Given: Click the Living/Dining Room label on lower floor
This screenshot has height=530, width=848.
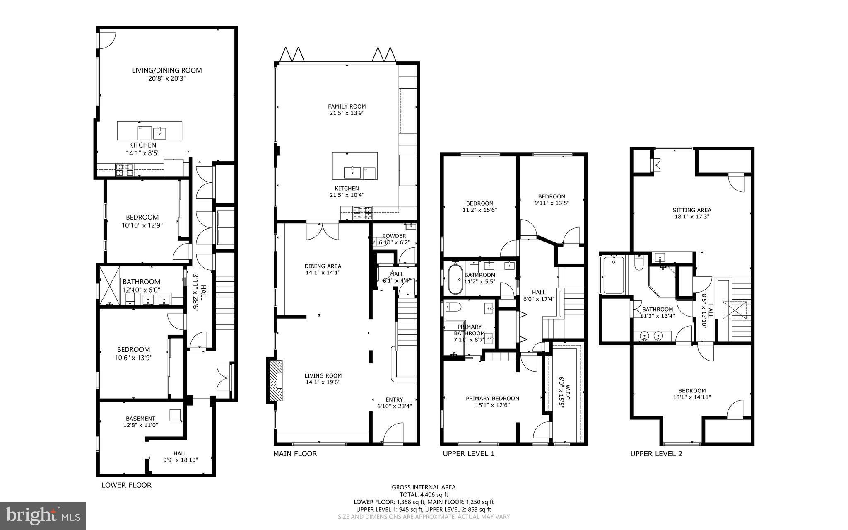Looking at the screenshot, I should click(x=167, y=70).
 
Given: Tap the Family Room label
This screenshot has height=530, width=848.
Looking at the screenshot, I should click(x=347, y=106).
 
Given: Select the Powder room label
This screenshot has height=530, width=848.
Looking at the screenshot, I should click(x=394, y=236).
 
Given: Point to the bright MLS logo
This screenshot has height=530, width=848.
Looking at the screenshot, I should click(x=43, y=515).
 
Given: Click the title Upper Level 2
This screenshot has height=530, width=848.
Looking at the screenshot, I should click(x=656, y=454).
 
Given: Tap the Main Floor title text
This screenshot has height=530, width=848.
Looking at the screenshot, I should click(x=295, y=454).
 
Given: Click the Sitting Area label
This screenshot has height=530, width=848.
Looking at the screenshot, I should click(x=691, y=210).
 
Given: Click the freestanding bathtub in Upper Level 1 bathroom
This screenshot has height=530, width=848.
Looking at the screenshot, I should click(x=455, y=279).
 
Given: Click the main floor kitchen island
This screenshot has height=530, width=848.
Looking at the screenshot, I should click(x=355, y=166).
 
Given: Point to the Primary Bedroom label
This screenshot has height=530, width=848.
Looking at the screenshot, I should click(x=492, y=398).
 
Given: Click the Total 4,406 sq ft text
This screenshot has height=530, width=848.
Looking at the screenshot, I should click(x=424, y=494).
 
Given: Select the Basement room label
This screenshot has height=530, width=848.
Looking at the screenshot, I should click(x=140, y=419).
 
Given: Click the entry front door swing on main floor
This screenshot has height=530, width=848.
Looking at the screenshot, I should click(x=393, y=434).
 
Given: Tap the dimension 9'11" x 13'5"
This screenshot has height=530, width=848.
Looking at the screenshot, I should click(x=551, y=203).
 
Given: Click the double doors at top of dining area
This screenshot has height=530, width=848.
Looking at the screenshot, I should click(x=322, y=231).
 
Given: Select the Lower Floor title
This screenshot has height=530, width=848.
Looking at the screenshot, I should click(x=126, y=485).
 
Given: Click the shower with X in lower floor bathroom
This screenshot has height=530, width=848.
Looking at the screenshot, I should click(x=110, y=285).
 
